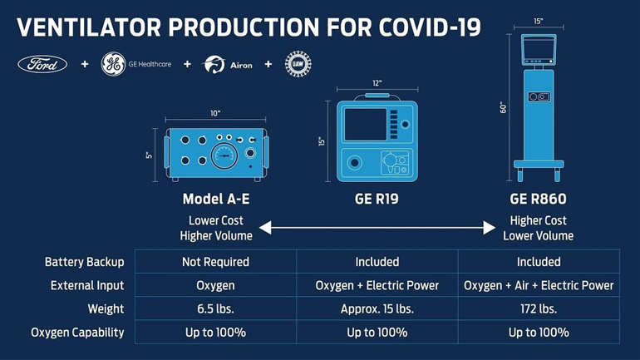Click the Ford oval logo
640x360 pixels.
pos(42,64)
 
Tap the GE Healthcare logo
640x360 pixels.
pos(136,64)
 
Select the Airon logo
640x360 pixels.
pos(228,65)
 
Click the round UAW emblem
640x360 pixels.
pos(298,64)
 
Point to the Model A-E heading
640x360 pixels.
pos(215,200)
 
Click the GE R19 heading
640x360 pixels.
pos(377,200)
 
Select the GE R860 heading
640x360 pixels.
pos(538,200)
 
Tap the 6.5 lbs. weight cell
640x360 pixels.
pos(215,308)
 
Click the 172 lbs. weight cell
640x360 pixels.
pos(538,308)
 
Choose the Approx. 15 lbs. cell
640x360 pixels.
pos(377,308)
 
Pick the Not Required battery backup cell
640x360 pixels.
pos(215,262)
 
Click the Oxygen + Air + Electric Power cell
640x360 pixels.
pos(538,285)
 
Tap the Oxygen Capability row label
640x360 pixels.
pos(77,332)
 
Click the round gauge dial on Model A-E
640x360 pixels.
pos(224,155)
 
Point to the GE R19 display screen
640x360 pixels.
pos(366,126)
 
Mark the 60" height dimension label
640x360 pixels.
pos(503,106)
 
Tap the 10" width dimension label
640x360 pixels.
pos(215,114)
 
